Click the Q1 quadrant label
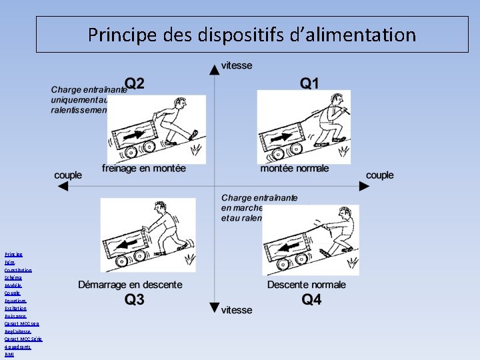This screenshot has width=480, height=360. (309, 83)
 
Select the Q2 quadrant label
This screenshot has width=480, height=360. (135, 83)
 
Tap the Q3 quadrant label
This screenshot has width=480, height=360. (134, 299)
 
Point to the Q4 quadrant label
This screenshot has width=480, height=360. (311, 299)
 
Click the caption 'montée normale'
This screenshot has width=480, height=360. (294, 169)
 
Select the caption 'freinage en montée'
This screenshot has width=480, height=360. (144, 169)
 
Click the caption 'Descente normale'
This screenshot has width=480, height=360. (307, 285)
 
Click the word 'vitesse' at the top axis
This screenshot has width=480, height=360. (236, 65)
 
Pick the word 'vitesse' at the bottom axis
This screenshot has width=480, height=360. (236, 310)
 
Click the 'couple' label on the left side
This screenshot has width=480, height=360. (68, 175)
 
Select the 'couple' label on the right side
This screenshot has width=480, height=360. (380, 175)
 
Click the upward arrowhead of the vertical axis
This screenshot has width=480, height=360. (213, 67)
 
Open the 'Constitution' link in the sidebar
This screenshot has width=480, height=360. (18, 270)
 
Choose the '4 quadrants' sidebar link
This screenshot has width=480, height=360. (18, 347)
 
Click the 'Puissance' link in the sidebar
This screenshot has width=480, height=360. (16, 316)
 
